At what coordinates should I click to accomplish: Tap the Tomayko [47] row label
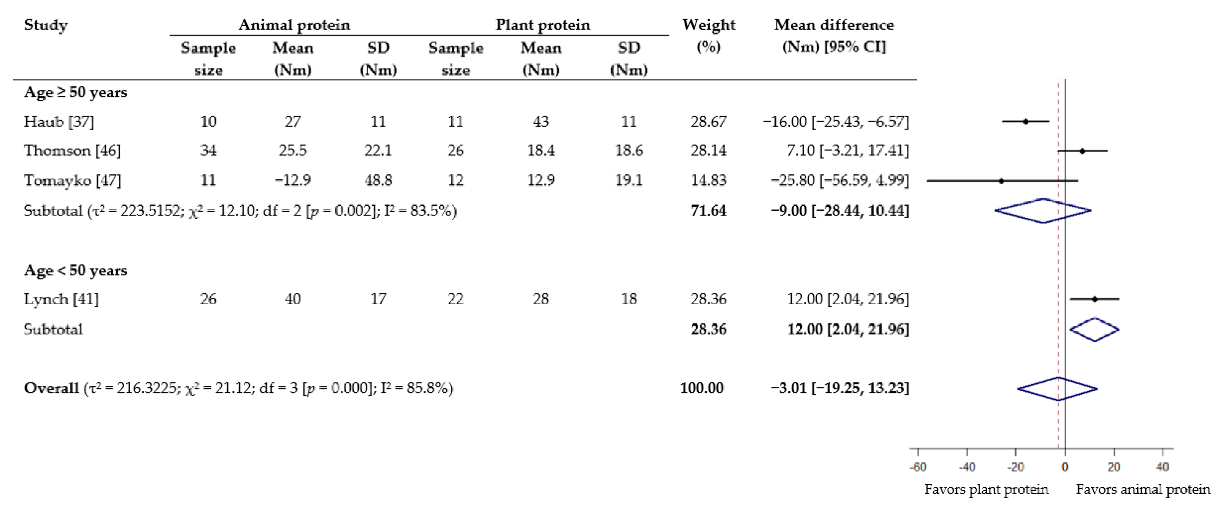73,181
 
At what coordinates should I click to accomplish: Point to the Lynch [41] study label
61,299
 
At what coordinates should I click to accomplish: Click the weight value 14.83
708,181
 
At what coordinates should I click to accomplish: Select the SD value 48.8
378,181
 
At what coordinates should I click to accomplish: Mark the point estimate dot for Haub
1025,122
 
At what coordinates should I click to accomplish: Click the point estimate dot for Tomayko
1001,181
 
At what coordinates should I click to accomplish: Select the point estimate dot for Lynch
1094,299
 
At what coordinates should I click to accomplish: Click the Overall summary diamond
1058,389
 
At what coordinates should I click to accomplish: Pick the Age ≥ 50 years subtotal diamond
1043,210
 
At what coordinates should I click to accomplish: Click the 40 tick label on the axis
1162,467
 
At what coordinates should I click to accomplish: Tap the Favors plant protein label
986,489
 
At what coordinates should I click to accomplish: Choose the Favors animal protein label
1142,489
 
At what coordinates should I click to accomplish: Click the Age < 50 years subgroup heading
76,270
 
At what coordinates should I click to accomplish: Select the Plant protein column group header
543,25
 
